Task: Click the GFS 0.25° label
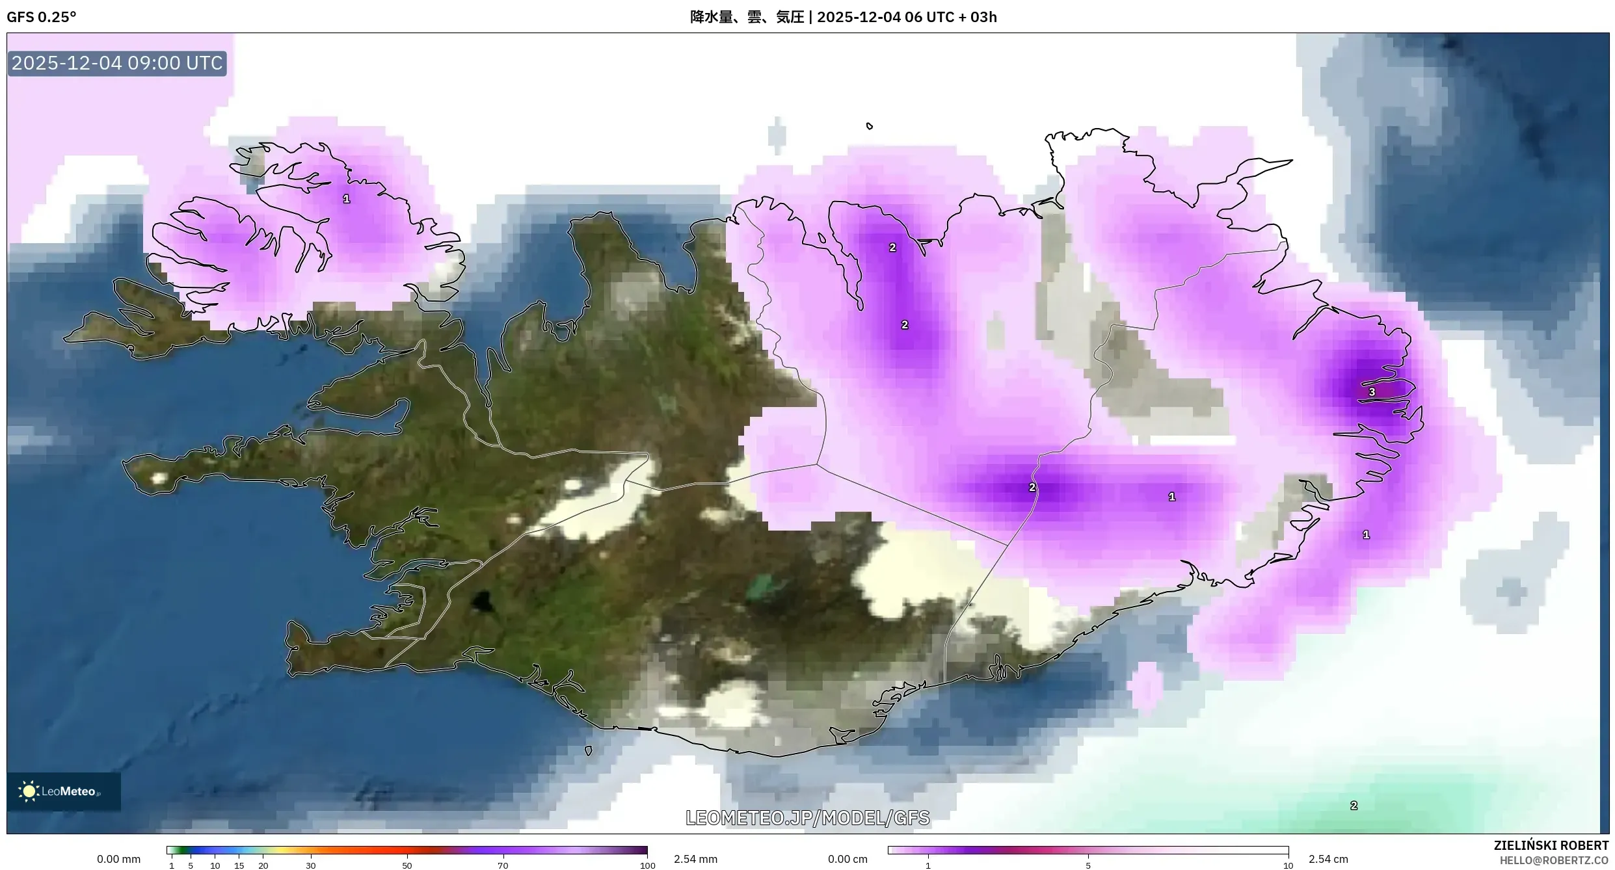click(41, 17)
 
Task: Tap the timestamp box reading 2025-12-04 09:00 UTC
click(117, 63)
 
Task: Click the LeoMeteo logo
click(63, 791)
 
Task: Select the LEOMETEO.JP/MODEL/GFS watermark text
click(807, 817)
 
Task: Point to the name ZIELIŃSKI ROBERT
click(1551, 845)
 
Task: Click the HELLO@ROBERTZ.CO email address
click(1554, 860)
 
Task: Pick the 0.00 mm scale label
click(118, 859)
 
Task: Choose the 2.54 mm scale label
click(695, 859)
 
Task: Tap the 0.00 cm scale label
click(848, 859)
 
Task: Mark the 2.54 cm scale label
click(1328, 859)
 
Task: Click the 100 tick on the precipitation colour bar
click(647, 865)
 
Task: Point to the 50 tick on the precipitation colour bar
click(407, 865)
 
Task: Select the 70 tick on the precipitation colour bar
click(503, 865)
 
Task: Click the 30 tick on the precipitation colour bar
click(311, 865)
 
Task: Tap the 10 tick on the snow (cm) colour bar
click(1288, 865)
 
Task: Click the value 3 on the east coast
click(1372, 392)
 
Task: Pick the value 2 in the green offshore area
click(1354, 806)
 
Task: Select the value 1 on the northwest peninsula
click(347, 199)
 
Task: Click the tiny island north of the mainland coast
click(870, 126)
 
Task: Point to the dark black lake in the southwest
click(482, 601)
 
